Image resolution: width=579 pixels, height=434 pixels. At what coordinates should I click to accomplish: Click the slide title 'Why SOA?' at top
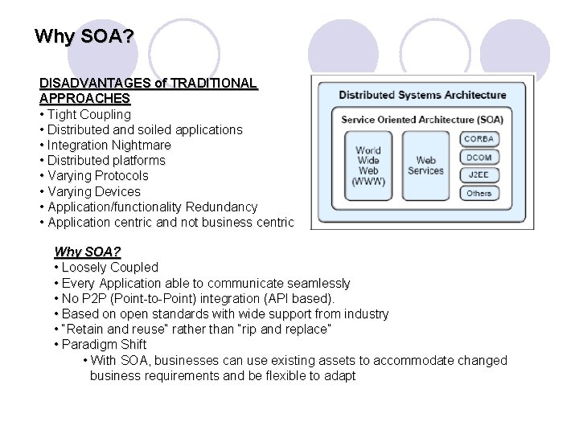(x=84, y=37)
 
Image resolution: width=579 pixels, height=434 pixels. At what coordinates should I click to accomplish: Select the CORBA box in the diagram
(x=478, y=139)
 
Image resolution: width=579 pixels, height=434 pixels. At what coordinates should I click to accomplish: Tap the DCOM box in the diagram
(x=478, y=157)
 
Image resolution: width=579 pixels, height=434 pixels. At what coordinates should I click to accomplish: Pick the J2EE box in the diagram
(x=478, y=174)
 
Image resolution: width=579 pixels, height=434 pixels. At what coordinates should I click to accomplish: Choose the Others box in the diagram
(x=478, y=193)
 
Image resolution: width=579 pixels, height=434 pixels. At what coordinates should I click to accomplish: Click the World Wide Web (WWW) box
(x=368, y=166)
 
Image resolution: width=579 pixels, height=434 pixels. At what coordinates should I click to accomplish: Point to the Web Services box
(x=425, y=166)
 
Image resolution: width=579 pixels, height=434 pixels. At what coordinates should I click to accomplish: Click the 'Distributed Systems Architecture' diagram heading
(x=422, y=95)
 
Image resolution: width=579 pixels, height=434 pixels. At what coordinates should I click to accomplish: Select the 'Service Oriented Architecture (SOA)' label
(x=422, y=120)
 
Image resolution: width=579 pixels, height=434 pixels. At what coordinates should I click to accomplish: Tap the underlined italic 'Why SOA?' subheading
(x=87, y=252)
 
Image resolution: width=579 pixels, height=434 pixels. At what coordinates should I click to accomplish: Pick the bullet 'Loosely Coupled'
(x=110, y=267)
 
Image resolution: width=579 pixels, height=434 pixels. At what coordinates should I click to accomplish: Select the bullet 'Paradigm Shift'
(x=105, y=345)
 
